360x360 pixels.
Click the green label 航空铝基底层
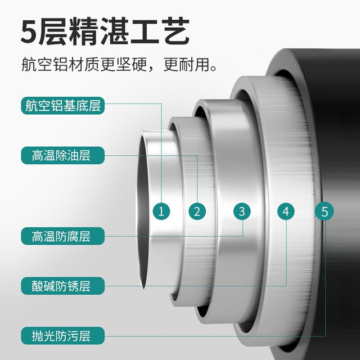coord(62,106)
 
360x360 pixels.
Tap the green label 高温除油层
coord(62,155)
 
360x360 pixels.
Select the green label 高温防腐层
coord(62,236)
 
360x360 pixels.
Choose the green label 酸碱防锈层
coord(62,286)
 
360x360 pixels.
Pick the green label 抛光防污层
coord(62,336)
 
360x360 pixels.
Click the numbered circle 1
coord(161,211)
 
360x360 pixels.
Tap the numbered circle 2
coord(197,211)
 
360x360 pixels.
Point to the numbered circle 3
coord(242,211)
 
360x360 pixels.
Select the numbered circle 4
coord(286,211)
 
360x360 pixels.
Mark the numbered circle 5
coord(324,211)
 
